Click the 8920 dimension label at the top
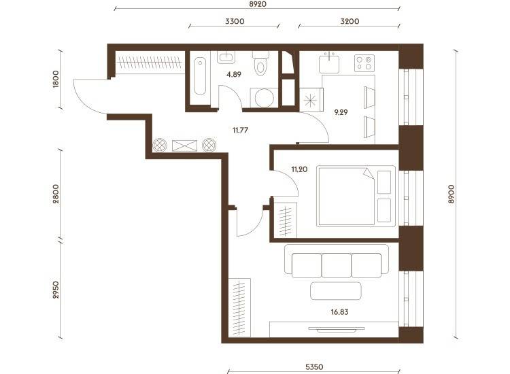[x=258, y=4]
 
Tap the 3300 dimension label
[x=235, y=22]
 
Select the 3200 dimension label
[x=350, y=22]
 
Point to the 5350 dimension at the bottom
[x=314, y=367]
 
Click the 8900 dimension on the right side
[x=450, y=194]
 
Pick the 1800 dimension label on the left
[x=56, y=79]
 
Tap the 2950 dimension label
[x=56, y=290]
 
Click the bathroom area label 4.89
[x=234, y=75]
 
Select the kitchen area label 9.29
[x=341, y=112]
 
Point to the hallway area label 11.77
[x=240, y=131]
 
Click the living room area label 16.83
[x=339, y=312]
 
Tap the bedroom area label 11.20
[x=299, y=169]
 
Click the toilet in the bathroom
[x=261, y=63]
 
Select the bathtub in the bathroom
[x=200, y=76]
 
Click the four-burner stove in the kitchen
[x=364, y=63]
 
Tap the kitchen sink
[x=329, y=63]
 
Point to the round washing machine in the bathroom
[x=264, y=98]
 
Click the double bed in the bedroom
[x=356, y=196]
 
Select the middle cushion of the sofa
[x=337, y=265]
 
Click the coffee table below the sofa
[x=336, y=291]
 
